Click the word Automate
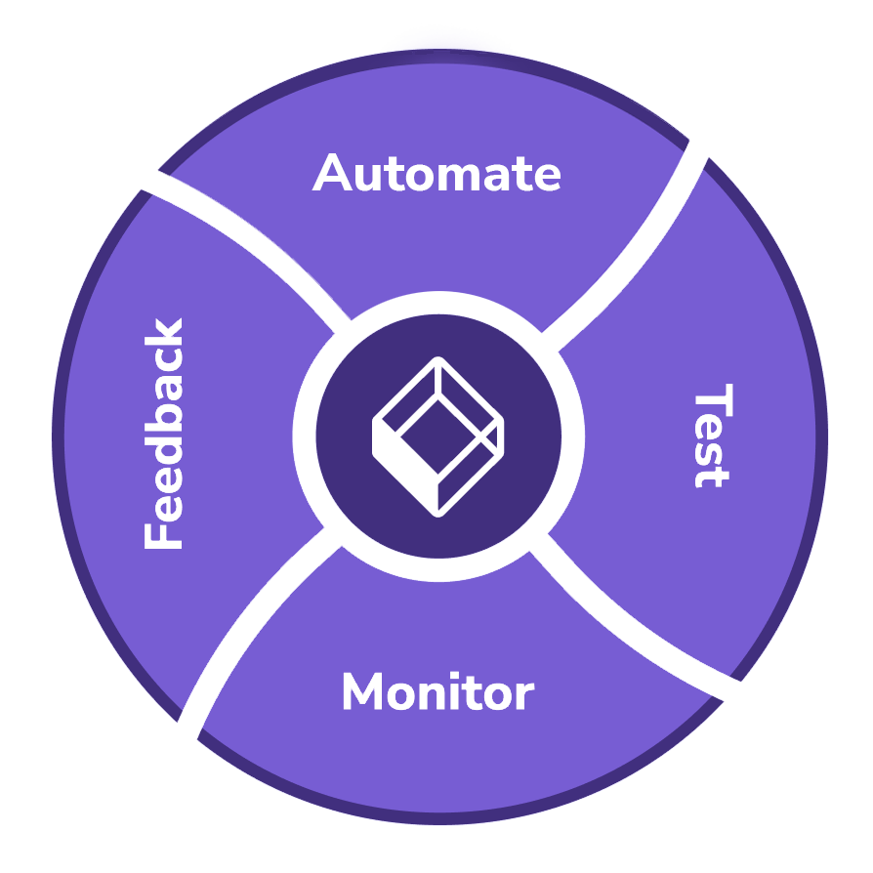coord(436,174)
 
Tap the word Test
coord(711,438)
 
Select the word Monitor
coord(436,693)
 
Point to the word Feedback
coord(163,434)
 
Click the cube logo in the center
coord(438,436)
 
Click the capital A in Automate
coord(333,174)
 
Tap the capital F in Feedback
coord(163,532)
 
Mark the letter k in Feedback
coord(163,332)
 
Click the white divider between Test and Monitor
coord(635,615)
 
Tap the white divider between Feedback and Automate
coord(244,244)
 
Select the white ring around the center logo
coord(438,303)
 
